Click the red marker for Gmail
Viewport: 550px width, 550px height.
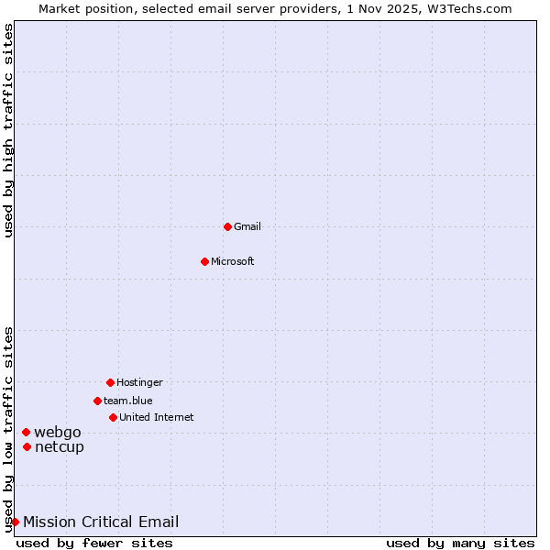tap(227, 226)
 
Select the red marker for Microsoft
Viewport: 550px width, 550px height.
tap(204, 261)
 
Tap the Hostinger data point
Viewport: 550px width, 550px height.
tap(110, 382)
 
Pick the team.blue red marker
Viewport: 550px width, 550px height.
tap(97, 401)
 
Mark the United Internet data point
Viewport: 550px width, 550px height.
tap(113, 417)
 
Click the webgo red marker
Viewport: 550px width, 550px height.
tap(26, 432)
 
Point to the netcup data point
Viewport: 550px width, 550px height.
tap(27, 446)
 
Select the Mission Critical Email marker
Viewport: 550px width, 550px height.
tap(15, 522)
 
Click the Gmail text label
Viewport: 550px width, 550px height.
tap(247, 226)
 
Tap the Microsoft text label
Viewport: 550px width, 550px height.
tap(233, 261)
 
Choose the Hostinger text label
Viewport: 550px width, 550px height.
tap(139, 382)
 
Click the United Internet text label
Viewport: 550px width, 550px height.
tap(157, 417)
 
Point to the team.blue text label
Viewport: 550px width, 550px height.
tap(128, 401)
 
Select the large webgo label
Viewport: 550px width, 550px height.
tap(58, 432)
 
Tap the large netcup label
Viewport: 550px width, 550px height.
tap(60, 446)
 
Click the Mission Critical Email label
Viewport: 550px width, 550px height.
tap(101, 522)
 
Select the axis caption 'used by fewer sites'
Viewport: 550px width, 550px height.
tap(94, 543)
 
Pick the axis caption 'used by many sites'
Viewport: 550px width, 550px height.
tap(460, 543)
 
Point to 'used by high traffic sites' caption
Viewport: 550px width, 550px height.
tap(8, 130)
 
